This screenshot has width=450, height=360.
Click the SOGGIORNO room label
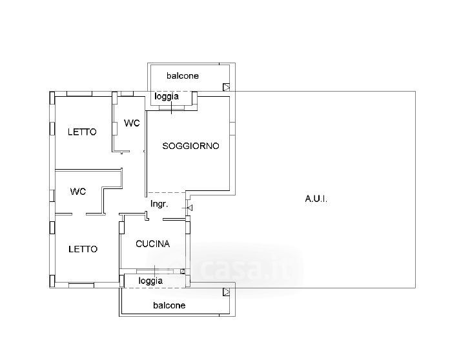coord(190,146)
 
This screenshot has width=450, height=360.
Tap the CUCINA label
coord(153,244)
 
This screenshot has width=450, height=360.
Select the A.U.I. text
coord(316,199)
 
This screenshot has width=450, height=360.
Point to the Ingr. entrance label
coord(159,205)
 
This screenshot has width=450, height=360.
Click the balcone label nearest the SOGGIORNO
coord(183,75)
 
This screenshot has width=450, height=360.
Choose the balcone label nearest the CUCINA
coord(169,305)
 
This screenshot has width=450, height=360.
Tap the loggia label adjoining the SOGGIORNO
coord(167,97)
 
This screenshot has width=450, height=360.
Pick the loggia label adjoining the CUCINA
coord(150,281)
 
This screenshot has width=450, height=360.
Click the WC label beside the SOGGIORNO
coord(132,123)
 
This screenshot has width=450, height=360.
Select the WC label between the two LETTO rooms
coord(78,191)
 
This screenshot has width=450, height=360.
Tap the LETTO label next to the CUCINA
coord(83,249)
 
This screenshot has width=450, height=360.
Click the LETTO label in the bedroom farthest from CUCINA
coord(83,132)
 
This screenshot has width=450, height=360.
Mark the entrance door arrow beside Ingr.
coord(189,208)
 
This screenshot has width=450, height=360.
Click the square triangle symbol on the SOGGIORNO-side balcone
coord(226,86)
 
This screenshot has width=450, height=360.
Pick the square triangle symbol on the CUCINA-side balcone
coord(226,292)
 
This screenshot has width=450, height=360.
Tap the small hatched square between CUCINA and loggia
coord(183,271)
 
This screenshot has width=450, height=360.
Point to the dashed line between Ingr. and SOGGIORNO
coord(166,192)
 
